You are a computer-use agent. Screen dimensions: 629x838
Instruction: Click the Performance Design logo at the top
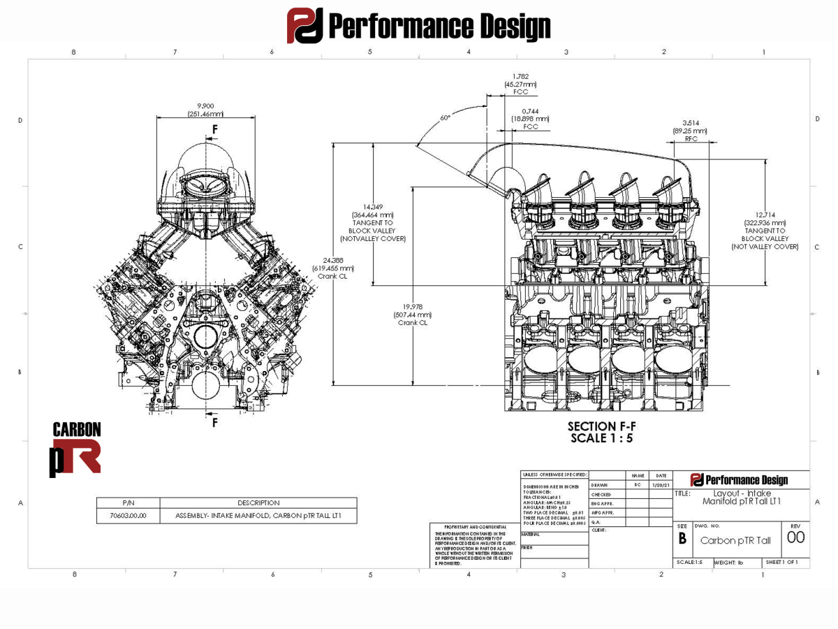click(x=419, y=26)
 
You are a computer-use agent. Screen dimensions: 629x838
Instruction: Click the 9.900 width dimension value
click(x=205, y=106)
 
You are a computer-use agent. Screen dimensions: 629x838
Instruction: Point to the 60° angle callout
click(x=445, y=118)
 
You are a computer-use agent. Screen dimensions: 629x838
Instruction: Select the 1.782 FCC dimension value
click(x=521, y=76)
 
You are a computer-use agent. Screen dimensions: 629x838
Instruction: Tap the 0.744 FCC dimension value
click(x=530, y=111)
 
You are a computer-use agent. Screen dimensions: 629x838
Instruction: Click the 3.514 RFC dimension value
click(x=691, y=122)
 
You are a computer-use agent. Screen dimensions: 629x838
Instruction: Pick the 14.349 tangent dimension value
click(x=372, y=207)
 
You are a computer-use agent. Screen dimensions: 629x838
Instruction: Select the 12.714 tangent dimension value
click(x=765, y=215)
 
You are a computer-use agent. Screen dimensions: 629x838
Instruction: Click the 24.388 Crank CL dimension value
click(x=333, y=260)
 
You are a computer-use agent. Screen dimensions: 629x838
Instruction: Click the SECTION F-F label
click(x=601, y=426)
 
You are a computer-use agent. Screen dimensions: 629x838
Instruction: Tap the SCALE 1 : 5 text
click(x=601, y=438)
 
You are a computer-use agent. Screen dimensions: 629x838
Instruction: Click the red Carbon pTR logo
click(x=76, y=449)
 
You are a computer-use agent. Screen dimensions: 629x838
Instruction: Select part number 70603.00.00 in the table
click(x=128, y=516)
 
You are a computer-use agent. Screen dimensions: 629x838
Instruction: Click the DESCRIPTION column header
click(x=258, y=503)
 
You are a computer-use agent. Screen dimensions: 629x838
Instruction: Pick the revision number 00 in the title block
click(x=795, y=537)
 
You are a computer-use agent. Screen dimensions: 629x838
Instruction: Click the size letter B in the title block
click(x=682, y=540)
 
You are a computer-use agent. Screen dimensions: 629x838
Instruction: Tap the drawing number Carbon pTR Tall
click(x=735, y=540)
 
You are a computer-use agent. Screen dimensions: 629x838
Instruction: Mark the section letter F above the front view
click(x=215, y=129)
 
